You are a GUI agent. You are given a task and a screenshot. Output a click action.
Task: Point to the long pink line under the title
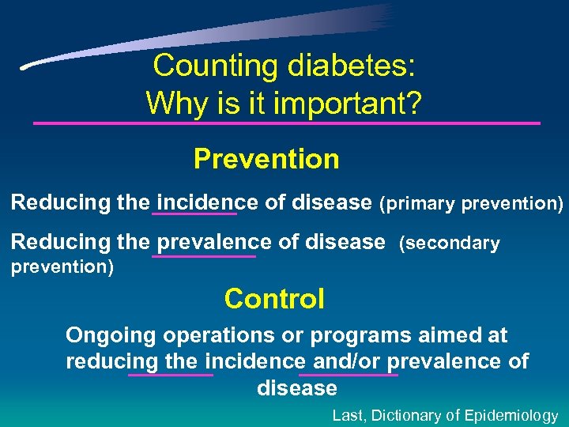(x=286, y=123)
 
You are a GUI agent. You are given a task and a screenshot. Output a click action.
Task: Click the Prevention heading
(x=266, y=159)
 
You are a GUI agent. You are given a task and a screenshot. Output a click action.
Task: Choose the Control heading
(x=274, y=299)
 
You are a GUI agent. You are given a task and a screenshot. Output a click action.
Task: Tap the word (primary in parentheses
(x=417, y=203)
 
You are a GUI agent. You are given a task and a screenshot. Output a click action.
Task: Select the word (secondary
(x=450, y=244)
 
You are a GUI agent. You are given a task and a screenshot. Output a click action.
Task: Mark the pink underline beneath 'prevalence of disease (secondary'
(x=204, y=255)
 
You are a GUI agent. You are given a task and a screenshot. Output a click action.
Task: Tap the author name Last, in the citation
(x=349, y=415)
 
